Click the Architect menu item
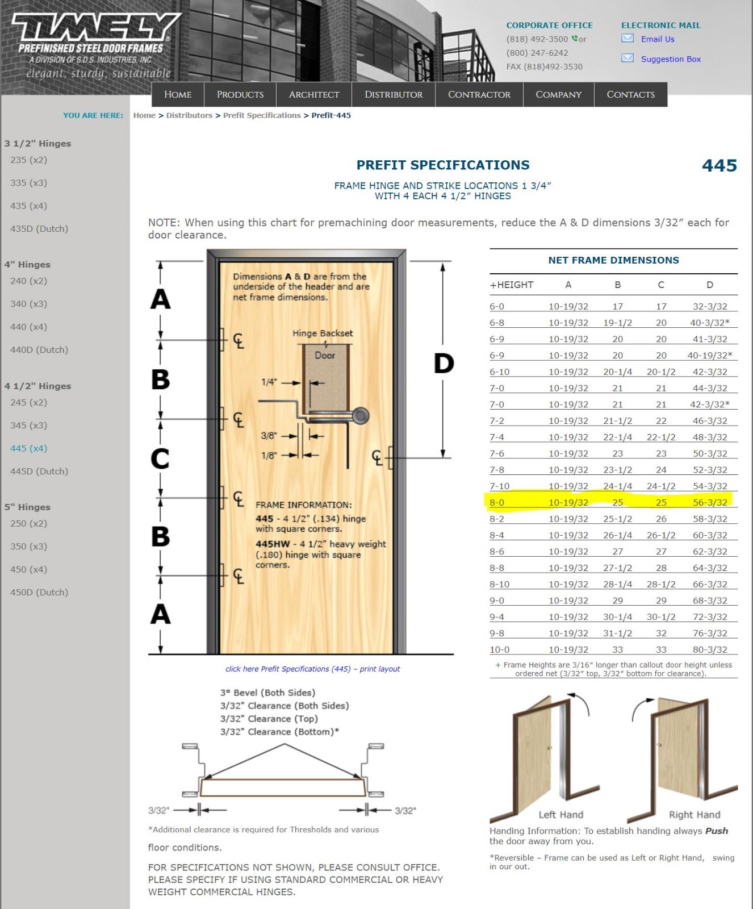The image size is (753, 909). click(x=313, y=94)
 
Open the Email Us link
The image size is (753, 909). click(x=657, y=39)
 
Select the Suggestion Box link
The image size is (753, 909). click(x=670, y=59)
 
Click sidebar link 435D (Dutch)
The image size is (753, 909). click(x=39, y=229)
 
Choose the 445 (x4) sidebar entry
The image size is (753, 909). click(x=28, y=448)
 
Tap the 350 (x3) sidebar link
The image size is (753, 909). click(x=28, y=547)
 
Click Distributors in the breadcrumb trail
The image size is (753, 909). click(x=189, y=115)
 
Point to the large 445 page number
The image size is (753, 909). click(x=719, y=165)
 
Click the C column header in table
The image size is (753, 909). click(x=661, y=285)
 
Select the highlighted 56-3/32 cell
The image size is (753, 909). click(x=710, y=502)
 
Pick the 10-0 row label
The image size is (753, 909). click(x=499, y=649)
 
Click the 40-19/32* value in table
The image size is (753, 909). click(x=710, y=355)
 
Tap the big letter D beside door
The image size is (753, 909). click(x=444, y=364)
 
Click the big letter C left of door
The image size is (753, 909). click(x=160, y=458)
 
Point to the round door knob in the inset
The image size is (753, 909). click(x=360, y=416)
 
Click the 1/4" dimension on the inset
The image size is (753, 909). click(x=269, y=382)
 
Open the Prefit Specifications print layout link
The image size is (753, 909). click(x=312, y=669)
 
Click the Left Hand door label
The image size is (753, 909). click(x=560, y=815)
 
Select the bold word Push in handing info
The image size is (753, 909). click(x=716, y=831)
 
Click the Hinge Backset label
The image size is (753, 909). click(x=323, y=333)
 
